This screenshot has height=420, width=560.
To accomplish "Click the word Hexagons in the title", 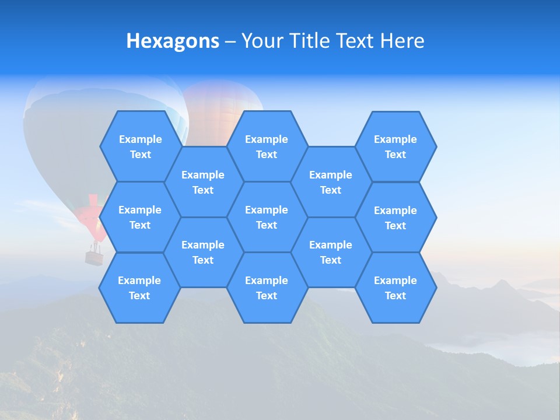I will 173,41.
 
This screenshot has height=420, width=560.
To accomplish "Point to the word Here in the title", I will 402,41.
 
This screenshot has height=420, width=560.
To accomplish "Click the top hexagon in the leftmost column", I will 140,146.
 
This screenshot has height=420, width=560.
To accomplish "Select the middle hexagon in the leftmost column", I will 140,217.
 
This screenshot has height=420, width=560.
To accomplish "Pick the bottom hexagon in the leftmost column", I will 139,288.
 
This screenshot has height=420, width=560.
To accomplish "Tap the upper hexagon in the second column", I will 203,182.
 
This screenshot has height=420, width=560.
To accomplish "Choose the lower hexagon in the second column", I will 203,252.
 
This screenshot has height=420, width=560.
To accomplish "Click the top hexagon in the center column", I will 267,146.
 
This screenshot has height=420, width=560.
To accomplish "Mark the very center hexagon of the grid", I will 267,217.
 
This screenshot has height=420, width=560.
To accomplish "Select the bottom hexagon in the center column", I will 267,288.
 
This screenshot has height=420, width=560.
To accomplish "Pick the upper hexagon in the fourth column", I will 331,182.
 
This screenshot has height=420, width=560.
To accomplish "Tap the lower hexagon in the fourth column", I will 331,252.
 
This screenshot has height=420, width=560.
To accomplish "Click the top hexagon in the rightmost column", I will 395,146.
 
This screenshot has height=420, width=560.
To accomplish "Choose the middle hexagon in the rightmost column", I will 395,218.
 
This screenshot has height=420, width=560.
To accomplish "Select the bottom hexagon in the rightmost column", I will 395,288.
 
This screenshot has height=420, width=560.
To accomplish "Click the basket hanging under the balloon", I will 94,257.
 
